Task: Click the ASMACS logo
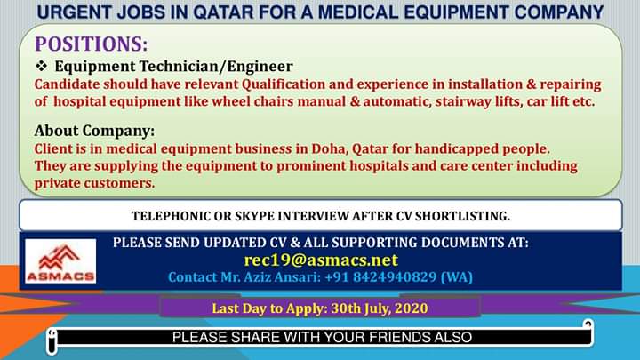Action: click(x=60, y=261)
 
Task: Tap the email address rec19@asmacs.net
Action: click(x=321, y=260)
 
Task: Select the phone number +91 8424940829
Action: click(x=380, y=277)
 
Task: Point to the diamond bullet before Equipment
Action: click(x=41, y=65)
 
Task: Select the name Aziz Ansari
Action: click(x=282, y=277)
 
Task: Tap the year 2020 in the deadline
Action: click(x=412, y=308)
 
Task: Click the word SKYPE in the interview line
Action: click(x=255, y=216)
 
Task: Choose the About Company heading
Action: click(x=95, y=131)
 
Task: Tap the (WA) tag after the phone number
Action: click(x=457, y=277)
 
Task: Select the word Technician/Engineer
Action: click(x=216, y=66)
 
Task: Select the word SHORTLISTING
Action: click(x=462, y=216)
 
